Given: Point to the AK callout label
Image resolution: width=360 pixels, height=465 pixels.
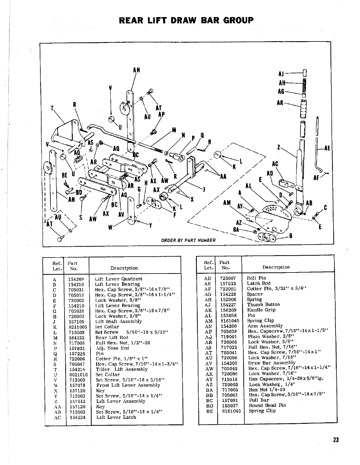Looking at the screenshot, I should point(280,102).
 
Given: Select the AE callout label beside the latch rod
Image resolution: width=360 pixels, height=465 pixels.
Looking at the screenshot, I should point(327,148).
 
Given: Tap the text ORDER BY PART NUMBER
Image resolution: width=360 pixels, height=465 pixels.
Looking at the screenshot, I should point(188,240).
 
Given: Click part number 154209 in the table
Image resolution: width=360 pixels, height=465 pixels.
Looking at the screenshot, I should point(76,279).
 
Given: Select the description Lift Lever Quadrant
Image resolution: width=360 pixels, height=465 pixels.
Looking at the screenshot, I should point(118,279).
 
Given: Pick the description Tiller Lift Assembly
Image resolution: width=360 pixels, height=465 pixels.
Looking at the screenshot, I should point(122,369).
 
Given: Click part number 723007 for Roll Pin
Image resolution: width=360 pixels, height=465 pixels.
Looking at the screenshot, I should point(228,278).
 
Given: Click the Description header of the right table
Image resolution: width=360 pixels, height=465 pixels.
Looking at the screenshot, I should point(276,267).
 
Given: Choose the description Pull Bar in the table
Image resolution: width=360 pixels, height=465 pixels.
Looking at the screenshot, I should point(259,400).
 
